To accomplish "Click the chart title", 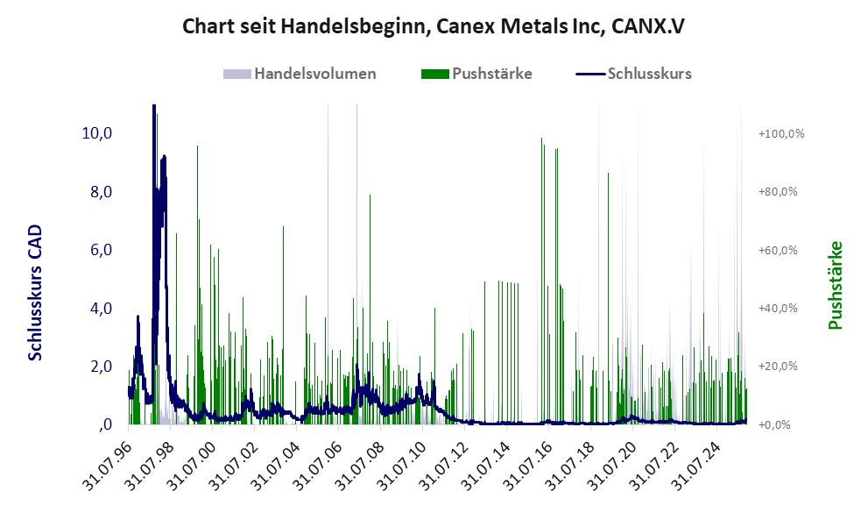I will point(433,26).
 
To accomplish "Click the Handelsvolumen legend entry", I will point(314,74).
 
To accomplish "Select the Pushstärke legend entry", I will point(491,74).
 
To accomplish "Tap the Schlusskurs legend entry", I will point(649,74).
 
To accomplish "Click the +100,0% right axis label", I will point(781,133).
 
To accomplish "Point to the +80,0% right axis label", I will point(781,191).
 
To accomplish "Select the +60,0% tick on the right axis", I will point(781,250).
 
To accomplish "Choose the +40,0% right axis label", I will point(781,308).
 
